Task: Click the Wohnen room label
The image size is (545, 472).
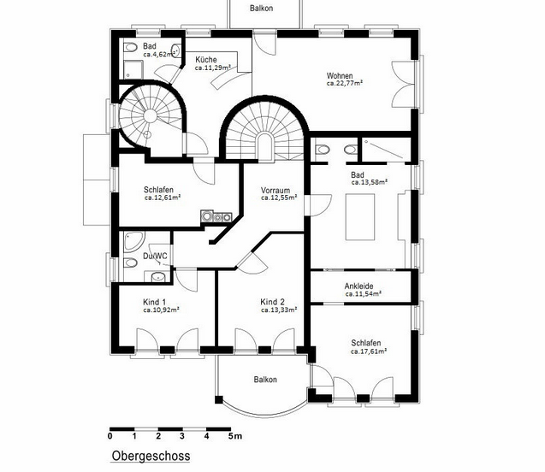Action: [340, 76]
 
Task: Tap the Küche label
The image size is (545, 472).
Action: [206, 59]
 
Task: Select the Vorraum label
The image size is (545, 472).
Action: [275, 191]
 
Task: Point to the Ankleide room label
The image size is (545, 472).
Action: [358, 286]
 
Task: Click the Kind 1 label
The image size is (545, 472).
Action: [155, 302]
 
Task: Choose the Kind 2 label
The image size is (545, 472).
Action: [272, 302]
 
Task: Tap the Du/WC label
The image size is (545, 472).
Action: [155, 257]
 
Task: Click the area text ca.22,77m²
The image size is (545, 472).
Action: [345, 83]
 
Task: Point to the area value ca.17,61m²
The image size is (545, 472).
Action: [369, 351]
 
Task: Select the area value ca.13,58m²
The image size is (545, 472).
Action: [370, 182]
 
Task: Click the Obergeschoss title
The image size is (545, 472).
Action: [151, 456]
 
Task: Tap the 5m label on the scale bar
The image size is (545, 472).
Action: [235, 436]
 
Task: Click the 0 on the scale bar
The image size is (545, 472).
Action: [110, 436]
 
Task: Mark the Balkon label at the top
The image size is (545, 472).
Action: [262, 8]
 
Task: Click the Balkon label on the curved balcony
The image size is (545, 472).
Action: [265, 380]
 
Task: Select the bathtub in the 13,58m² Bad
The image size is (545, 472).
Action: [360, 217]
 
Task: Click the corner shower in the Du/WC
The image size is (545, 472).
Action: [133, 241]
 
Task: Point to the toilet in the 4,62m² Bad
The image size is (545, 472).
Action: [130, 47]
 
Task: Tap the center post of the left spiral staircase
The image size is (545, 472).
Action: [151, 116]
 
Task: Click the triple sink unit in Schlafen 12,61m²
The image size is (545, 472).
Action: [216, 216]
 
